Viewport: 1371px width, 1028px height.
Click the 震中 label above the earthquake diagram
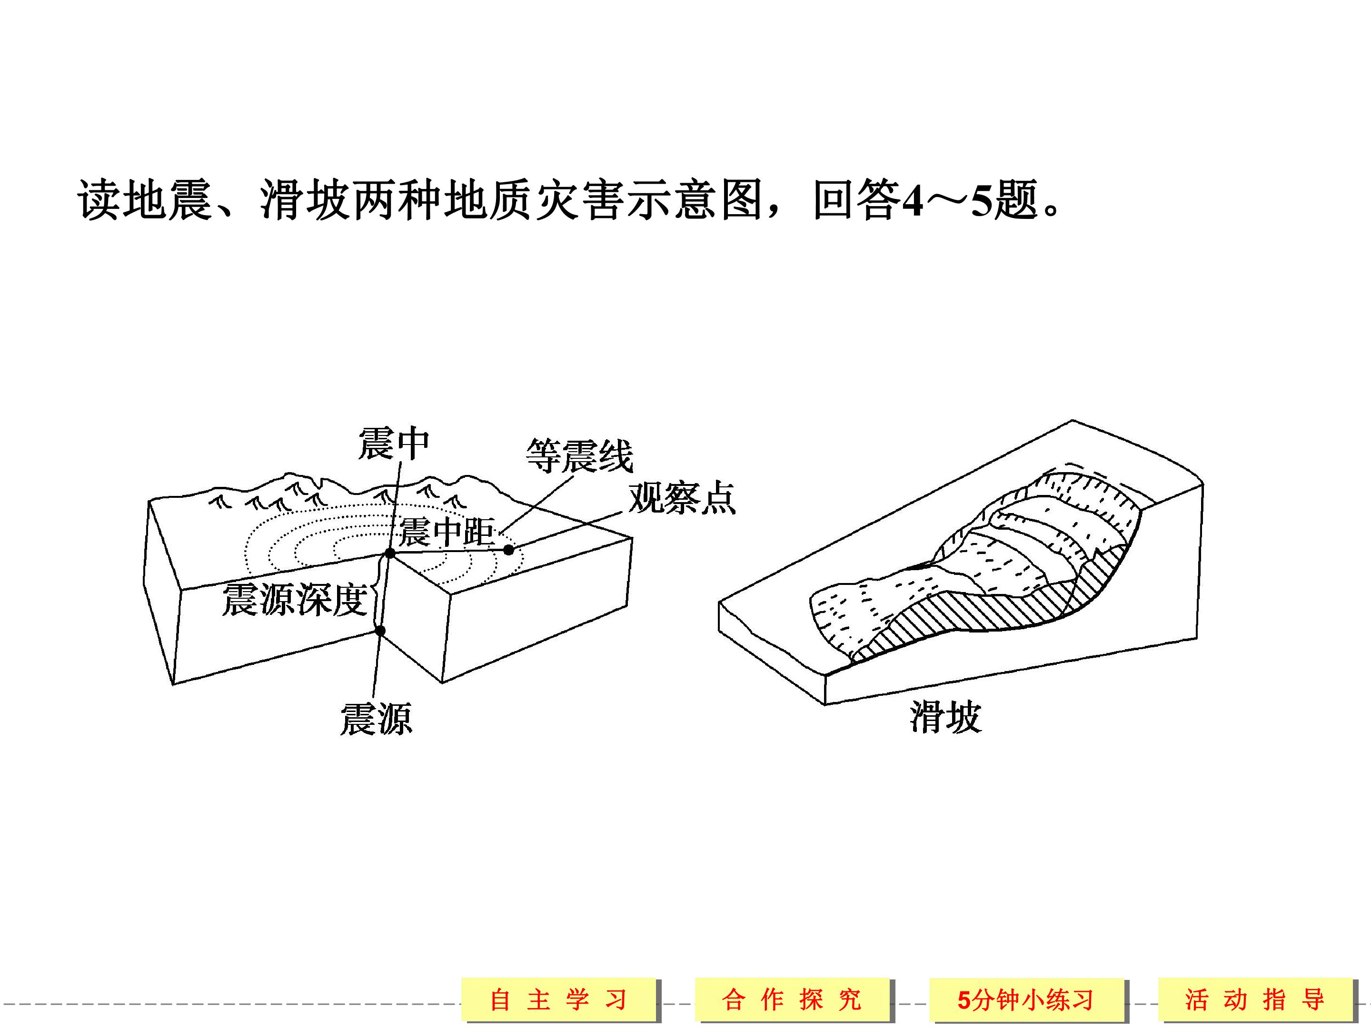click(x=394, y=444)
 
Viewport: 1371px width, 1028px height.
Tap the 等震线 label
click(x=579, y=455)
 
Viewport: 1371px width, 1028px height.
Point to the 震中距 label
click(x=446, y=532)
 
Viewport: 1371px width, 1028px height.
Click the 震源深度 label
click(x=295, y=599)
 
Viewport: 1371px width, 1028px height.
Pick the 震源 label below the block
click(x=376, y=719)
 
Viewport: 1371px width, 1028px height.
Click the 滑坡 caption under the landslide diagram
click(x=946, y=717)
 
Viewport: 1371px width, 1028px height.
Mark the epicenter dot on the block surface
click(x=390, y=553)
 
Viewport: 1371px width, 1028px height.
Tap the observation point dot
click(x=508, y=550)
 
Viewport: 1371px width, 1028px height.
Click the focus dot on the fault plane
click(x=380, y=631)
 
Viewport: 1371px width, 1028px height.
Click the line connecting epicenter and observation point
click(x=449, y=551)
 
